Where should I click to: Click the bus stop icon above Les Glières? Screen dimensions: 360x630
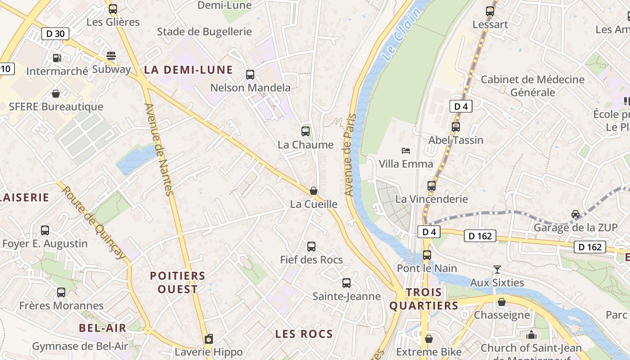[113, 9]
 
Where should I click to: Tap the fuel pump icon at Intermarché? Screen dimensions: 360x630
[57, 58]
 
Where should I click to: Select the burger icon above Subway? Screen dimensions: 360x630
[111, 56]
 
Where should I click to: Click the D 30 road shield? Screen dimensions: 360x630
[55, 33]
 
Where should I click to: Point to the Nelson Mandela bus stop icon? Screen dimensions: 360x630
[250, 75]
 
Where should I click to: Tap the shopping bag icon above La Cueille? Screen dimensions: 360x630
[314, 191]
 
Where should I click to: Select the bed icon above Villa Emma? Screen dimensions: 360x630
[406, 150]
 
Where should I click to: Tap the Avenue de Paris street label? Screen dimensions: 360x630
[350, 155]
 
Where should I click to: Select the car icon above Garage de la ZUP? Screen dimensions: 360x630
[576, 214]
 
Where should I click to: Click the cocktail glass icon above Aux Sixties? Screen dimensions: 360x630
[497, 270]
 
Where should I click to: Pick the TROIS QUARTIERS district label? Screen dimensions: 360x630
[423, 299]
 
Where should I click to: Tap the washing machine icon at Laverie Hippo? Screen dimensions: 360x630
[208, 339]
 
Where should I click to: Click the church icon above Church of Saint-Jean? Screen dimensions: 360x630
[531, 335]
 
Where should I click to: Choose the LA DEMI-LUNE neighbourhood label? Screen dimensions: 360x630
[188, 70]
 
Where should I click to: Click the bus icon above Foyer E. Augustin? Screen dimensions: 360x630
[45, 230]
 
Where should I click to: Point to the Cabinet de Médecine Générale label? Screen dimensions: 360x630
[533, 85]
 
